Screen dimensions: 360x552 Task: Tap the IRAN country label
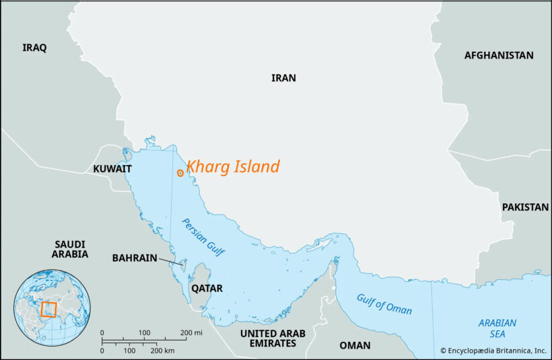[283, 78]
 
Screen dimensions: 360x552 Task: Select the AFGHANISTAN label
[498, 55]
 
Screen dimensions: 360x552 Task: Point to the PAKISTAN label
[525, 207]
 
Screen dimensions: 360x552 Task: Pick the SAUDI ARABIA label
[71, 248]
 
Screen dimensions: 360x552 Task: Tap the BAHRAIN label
[135, 258]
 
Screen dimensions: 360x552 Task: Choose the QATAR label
[207, 288]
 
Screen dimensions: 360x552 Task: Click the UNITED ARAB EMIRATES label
[268, 338]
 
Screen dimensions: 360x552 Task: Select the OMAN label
[354, 345]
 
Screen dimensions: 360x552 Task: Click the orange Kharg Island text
[233, 166]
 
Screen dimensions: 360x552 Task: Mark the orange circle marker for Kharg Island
[180, 173]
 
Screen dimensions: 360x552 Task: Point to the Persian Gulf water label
[203, 236]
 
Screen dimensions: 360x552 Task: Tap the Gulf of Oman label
[384, 303]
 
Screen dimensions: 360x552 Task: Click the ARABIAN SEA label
[497, 328]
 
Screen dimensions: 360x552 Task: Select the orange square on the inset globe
[49, 310]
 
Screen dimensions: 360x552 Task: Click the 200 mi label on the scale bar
[191, 333]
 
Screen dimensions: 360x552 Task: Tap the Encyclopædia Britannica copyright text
[493, 351]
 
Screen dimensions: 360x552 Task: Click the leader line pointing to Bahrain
[170, 260]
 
